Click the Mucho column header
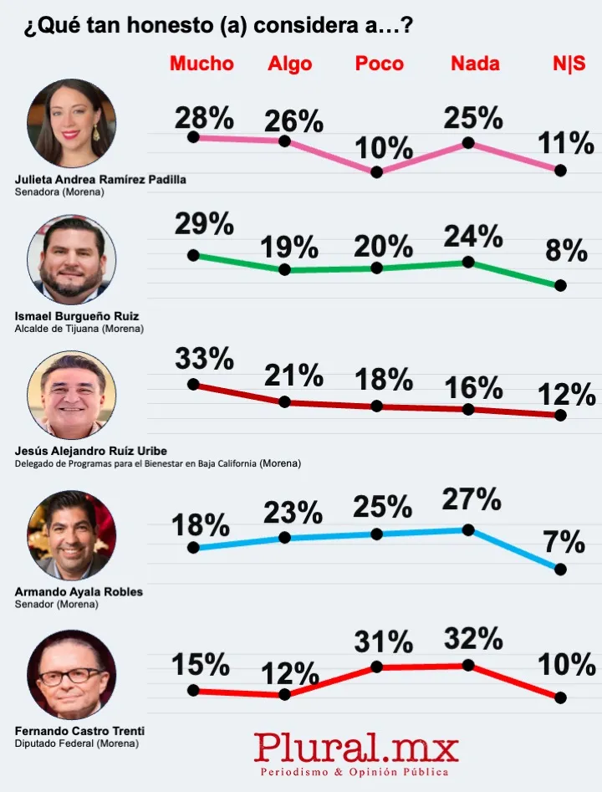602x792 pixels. click(x=202, y=64)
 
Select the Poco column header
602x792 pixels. click(x=379, y=64)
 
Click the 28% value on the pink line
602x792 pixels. click(x=204, y=118)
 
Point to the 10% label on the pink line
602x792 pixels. click(x=383, y=148)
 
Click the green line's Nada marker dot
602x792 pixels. click(x=468, y=262)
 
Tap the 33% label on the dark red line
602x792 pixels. click(x=204, y=358)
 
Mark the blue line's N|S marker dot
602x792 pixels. click(x=560, y=569)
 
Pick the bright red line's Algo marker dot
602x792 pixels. click(x=284, y=694)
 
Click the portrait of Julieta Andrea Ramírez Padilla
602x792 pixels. click(x=72, y=124)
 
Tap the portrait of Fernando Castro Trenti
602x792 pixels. click(x=72, y=675)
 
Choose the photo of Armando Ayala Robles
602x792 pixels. click(x=72, y=535)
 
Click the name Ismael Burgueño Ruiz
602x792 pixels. click(x=77, y=316)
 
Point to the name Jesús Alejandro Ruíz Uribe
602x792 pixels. click(x=91, y=451)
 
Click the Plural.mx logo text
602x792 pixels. click(x=356, y=744)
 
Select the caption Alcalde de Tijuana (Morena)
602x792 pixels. click(x=79, y=329)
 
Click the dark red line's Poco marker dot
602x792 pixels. click(x=376, y=406)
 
